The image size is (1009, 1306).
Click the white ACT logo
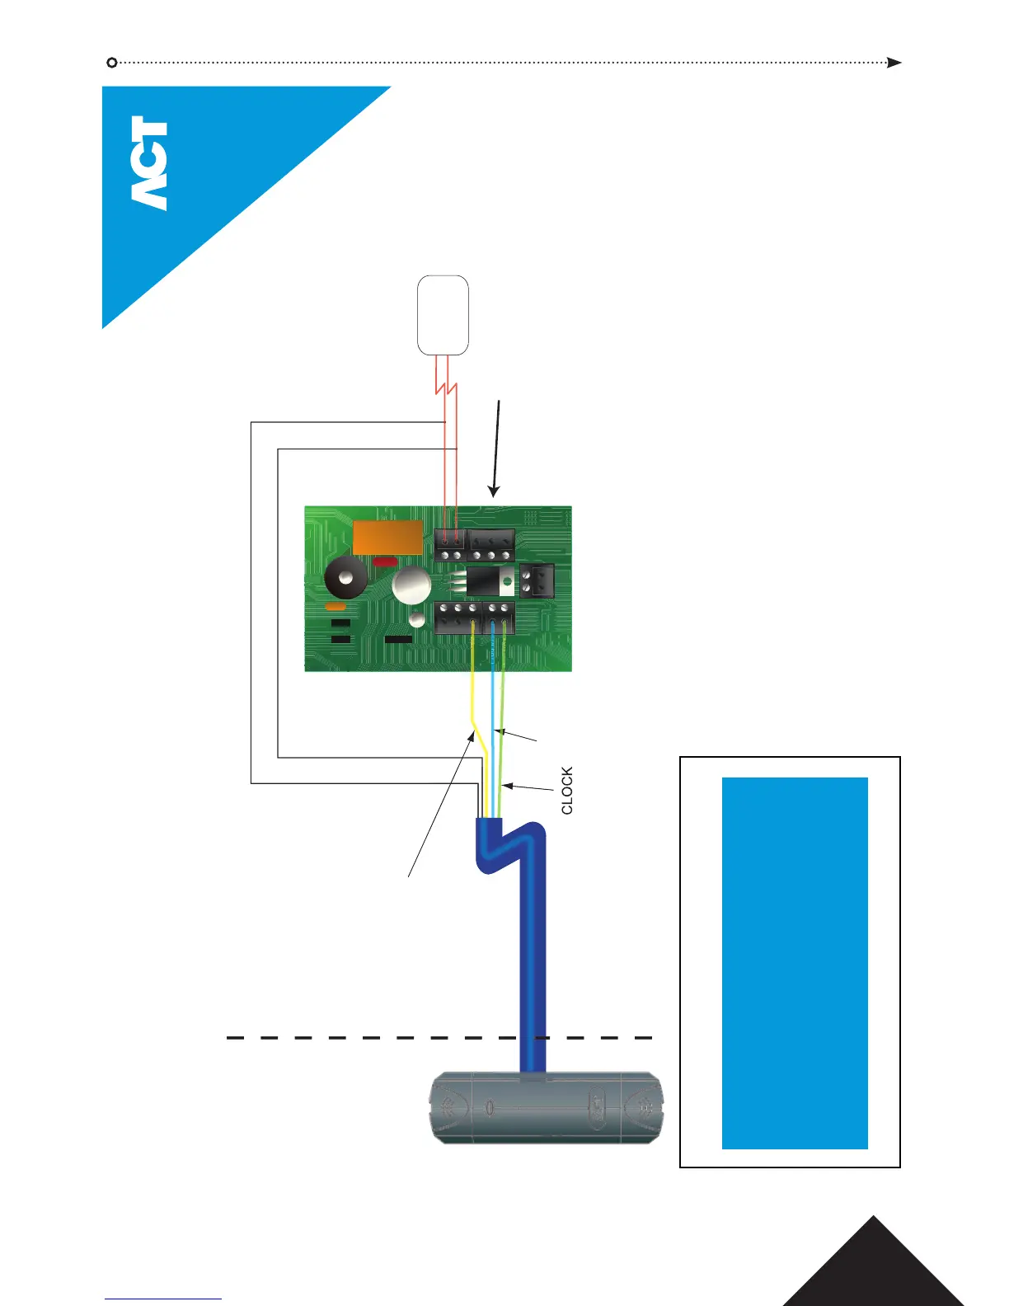click(x=149, y=162)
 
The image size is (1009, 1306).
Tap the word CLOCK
click(x=567, y=791)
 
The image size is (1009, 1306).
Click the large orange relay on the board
click(x=387, y=538)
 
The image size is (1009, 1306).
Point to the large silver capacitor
click(x=411, y=587)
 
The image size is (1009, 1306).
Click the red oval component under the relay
click(x=385, y=562)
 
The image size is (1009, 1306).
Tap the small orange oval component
click(x=336, y=606)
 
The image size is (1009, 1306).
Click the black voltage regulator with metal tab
click(x=490, y=581)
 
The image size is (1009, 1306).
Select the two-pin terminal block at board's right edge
click(x=537, y=580)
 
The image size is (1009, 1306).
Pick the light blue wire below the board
click(x=492, y=701)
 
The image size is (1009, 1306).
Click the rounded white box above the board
click(x=443, y=315)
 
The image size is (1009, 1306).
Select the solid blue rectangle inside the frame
click(x=795, y=962)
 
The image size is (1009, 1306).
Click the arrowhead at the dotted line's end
click(x=894, y=63)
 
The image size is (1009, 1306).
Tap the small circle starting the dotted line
click(x=112, y=63)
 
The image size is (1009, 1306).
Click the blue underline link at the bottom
click(x=163, y=1299)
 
